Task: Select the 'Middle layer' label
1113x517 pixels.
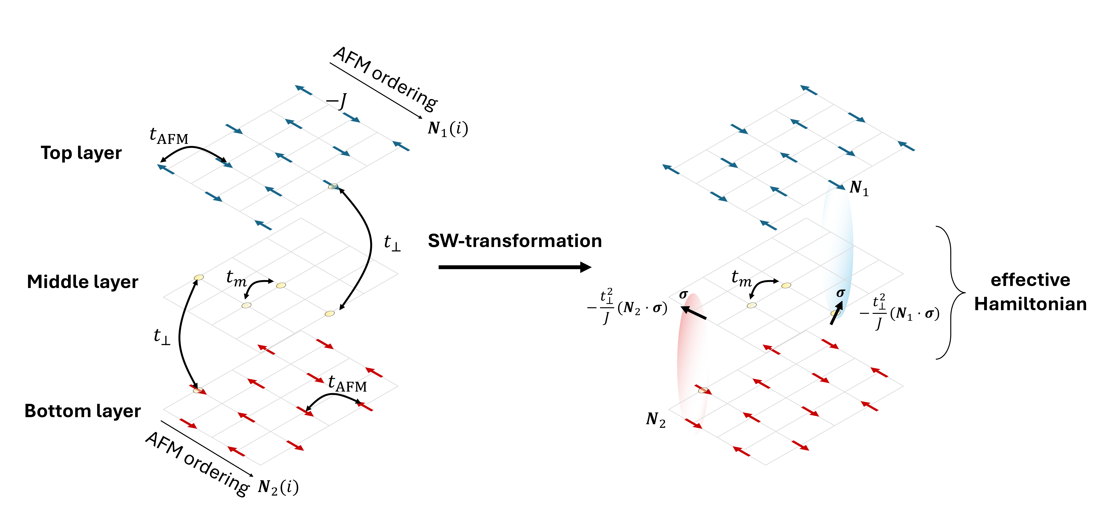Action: coord(83,282)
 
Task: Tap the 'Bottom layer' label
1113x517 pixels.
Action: coord(83,411)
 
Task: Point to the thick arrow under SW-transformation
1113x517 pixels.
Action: coord(514,267)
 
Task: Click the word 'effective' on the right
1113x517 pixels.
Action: coord(1030,280)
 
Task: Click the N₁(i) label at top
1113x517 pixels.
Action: coord(448,128)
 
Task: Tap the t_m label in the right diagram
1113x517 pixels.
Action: coord(741,278)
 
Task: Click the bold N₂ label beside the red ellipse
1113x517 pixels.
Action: coord(655,419)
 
